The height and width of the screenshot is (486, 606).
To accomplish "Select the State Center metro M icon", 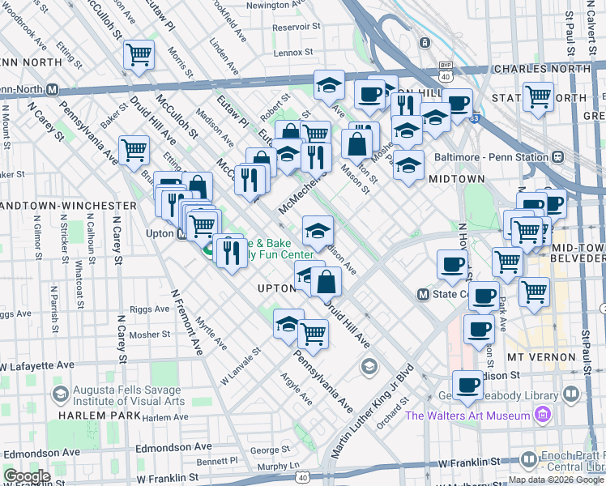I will [422, 294].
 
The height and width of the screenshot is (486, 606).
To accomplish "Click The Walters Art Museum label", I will [468, 416].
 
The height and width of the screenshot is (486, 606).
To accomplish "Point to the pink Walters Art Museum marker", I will [543, 416].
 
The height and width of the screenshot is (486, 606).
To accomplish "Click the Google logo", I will [27, 476].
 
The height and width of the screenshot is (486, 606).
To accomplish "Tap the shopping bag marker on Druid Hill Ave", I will [326, 282].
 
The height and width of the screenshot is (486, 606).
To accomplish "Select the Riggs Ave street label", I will [148, 309].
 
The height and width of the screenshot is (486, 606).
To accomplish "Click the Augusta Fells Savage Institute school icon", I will [60, 394].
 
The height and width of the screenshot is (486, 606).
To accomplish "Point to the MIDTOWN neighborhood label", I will [456, 179].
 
